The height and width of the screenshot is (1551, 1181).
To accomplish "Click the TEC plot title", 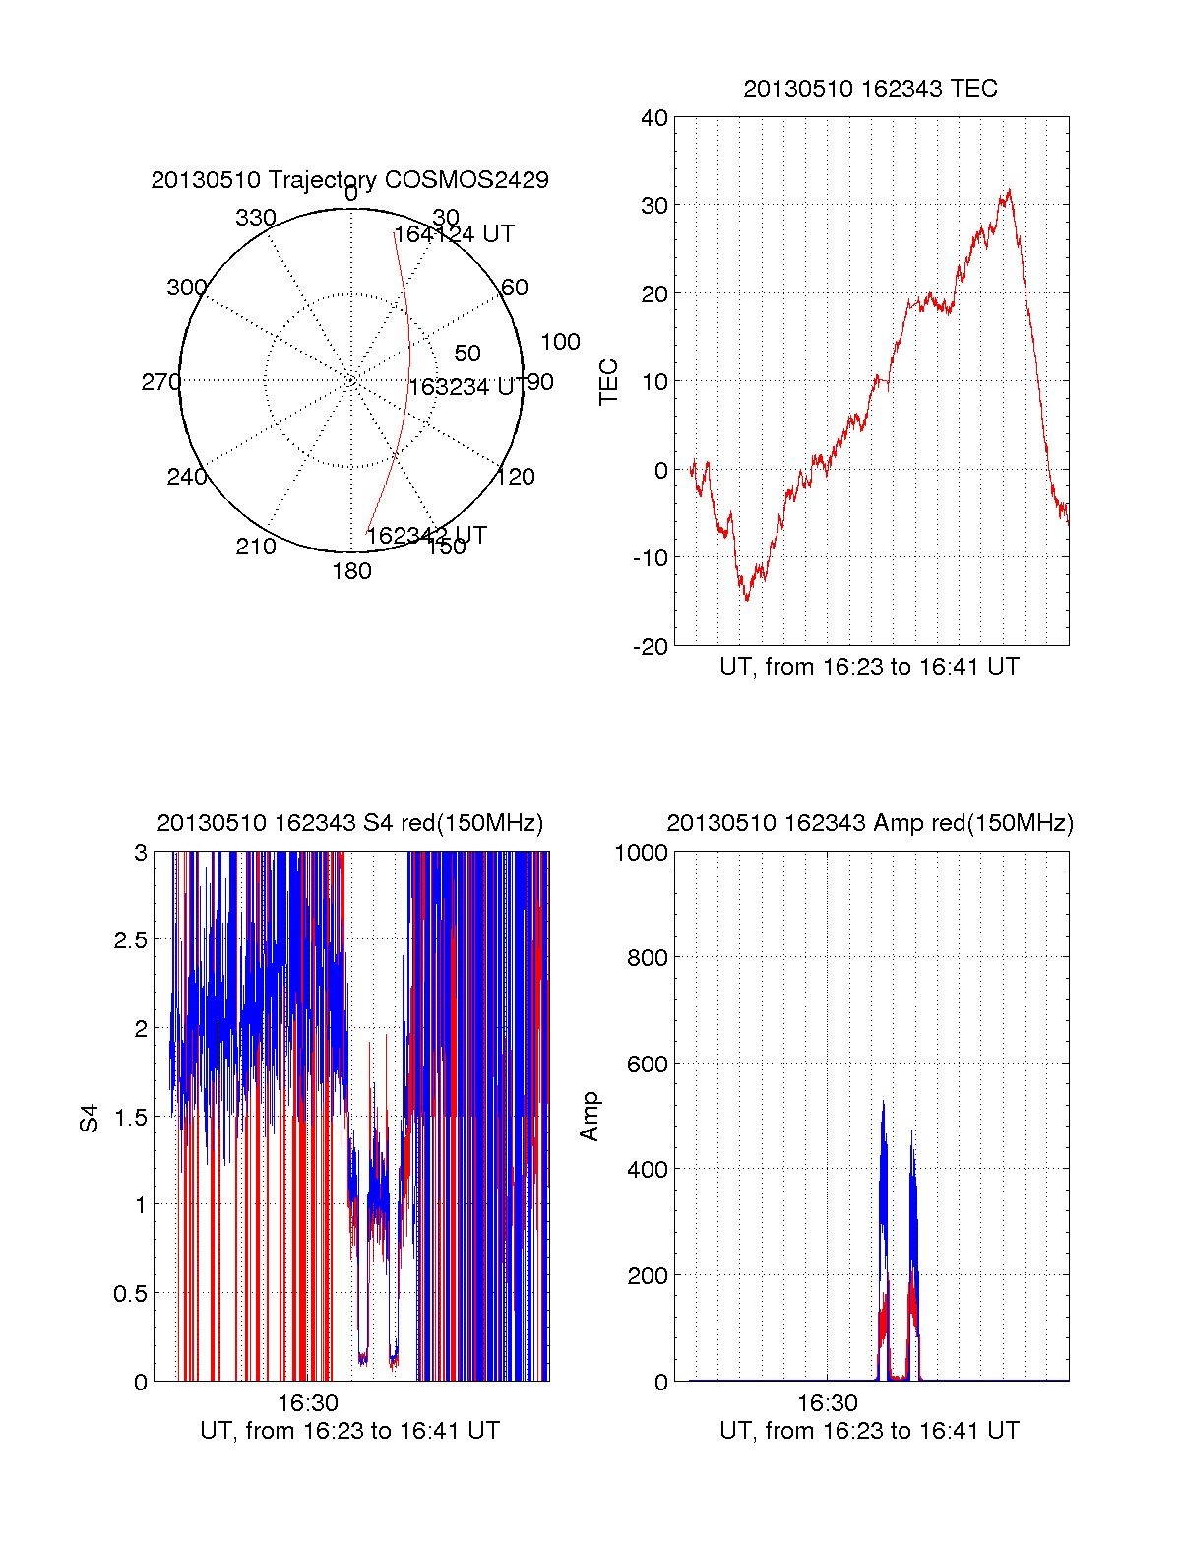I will coord(870,89).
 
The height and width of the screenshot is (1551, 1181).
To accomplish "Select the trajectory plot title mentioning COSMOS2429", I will coord(349,180).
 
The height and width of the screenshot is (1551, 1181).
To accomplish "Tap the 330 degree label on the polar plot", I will coord(255,218).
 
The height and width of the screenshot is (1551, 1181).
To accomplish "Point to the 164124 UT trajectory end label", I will coord(455,234).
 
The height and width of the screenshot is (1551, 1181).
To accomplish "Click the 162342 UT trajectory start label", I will coord(426,535).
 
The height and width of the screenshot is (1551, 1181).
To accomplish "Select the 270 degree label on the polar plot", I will coord(160,382).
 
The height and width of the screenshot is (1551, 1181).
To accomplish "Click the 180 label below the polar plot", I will coord(351,571).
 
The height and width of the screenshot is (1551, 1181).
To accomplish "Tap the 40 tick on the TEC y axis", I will coord(654,118).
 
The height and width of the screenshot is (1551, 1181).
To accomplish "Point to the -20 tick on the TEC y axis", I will coord(652,646).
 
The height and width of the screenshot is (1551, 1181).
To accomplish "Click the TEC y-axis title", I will coord(609,382).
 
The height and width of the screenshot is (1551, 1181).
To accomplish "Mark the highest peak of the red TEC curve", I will coord(1009,191).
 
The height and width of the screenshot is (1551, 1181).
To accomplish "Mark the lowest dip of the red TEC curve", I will coord(747,599).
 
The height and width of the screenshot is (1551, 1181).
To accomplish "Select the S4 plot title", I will coord(349,823).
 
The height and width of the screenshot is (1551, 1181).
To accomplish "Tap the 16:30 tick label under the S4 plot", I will coord(307,1402).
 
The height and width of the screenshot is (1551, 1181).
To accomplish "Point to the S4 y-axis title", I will coord(90,1118).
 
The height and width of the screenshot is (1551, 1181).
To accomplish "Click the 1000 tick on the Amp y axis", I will coord(641,852).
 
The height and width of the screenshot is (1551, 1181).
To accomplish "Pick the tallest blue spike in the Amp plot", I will coord(883,1104).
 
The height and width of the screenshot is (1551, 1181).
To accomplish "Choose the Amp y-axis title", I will coord(590,1117).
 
